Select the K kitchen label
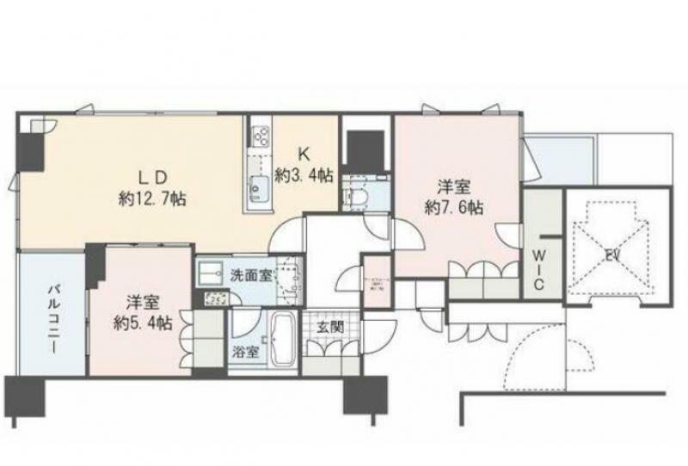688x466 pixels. click(303, 156)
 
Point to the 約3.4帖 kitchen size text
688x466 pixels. click(304, 175)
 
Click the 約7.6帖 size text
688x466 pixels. click(453, 207)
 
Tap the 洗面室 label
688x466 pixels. click(251, 276)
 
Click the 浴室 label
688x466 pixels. click(243, 351)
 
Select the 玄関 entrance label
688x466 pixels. click(327, 328)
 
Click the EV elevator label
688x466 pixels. click(612, 255)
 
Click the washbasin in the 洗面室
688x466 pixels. click(212, 275)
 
